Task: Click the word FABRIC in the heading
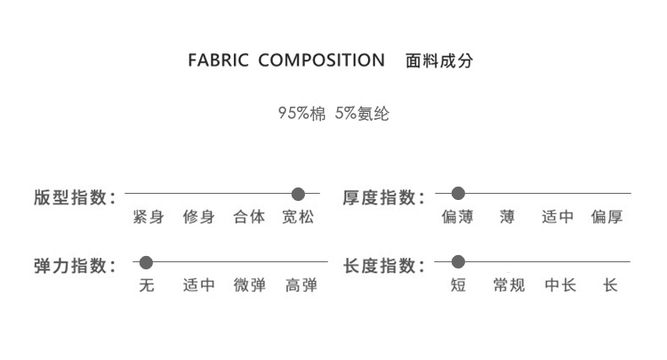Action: click(219, 61)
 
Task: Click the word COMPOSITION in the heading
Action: click(321, 61)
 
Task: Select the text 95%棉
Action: click(301, 113)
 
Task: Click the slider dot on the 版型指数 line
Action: click(298, 194)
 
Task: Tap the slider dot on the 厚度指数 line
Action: click(458, 194)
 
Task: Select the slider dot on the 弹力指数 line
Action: click(147, 263)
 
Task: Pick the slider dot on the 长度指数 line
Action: click(458, 263)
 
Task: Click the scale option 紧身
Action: click(148, 217)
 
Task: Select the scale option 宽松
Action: click(298, 217)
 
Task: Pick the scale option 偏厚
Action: click(607, 217)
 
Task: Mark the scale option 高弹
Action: click(301, 286)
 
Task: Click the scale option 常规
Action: click(509, 286)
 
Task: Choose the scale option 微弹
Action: click(249, 286)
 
